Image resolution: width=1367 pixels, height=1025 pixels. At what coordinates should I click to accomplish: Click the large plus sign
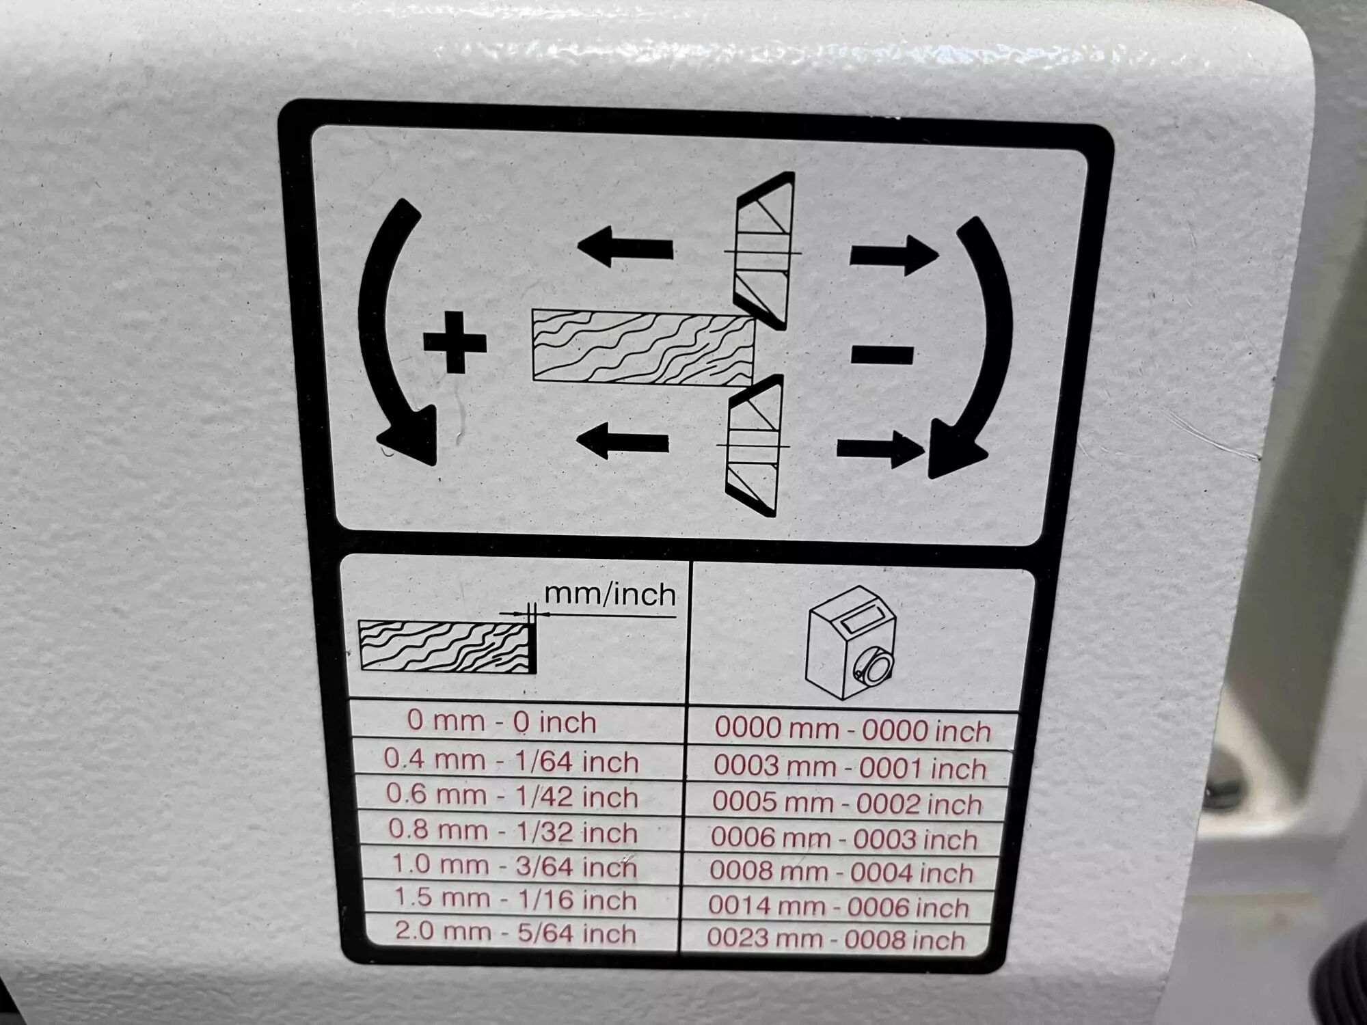pyautogui.click(x=455, y=342)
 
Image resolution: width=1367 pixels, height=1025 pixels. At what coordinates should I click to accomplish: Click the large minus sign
pyautogui.click(x=882, y=355)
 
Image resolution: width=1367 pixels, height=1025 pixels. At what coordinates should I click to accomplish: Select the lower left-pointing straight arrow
pyautogui.click(x=623, y=441)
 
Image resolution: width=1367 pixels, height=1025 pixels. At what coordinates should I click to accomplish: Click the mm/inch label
pyautogui.click(x=610, y=595)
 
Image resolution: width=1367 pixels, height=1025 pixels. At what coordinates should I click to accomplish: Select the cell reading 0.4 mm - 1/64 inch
pyautogui.click(x=511, y=761)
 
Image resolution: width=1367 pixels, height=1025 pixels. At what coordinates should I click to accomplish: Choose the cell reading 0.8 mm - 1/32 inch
pyautogui.click(x=513, y=831)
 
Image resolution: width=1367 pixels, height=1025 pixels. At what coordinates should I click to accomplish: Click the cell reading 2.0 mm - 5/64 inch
pyautogui.click(x=515, y=933)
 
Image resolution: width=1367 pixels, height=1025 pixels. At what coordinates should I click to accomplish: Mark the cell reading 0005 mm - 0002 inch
pyautogui.click(x=847, y=802)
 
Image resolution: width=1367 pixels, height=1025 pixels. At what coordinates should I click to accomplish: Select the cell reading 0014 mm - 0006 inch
pyautogui.click(x=839, y=907)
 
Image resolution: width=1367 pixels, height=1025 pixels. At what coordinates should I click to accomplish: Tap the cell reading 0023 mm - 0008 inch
pyautogui.click(x=835, y=939)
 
